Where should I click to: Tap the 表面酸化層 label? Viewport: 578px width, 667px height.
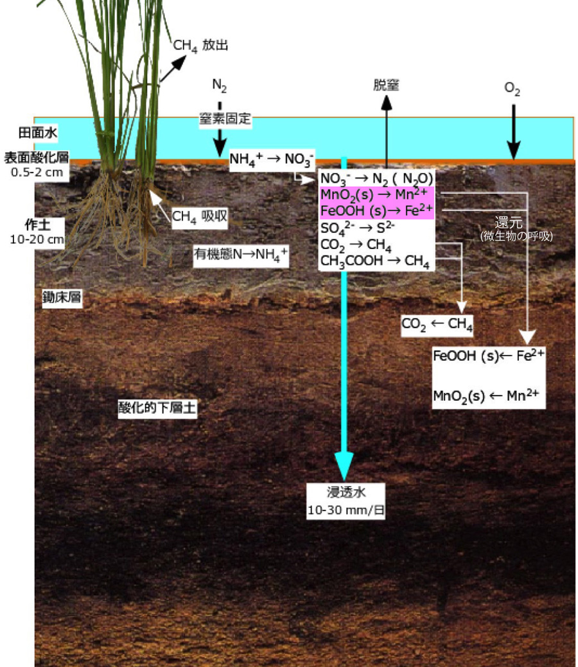tap(37, 157)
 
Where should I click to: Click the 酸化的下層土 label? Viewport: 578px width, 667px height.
tap(157, 408)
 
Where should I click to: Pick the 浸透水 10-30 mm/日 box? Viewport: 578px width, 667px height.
tap(345, 501)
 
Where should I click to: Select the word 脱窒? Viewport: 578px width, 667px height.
tap(386, 85)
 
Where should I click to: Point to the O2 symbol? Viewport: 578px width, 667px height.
tap(512, 90)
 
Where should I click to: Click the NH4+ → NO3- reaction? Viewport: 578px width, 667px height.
tap(272, 158)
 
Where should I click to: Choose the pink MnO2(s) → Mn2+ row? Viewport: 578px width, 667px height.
tap(377, 194)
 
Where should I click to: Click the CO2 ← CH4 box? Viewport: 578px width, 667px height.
tap(437, 325)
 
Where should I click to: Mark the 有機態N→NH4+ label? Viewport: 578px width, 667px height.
tap(241, 255)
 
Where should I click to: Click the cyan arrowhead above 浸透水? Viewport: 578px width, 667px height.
tap(345, 462)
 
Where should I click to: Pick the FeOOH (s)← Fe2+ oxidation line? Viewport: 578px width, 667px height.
tap(489, 356)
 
